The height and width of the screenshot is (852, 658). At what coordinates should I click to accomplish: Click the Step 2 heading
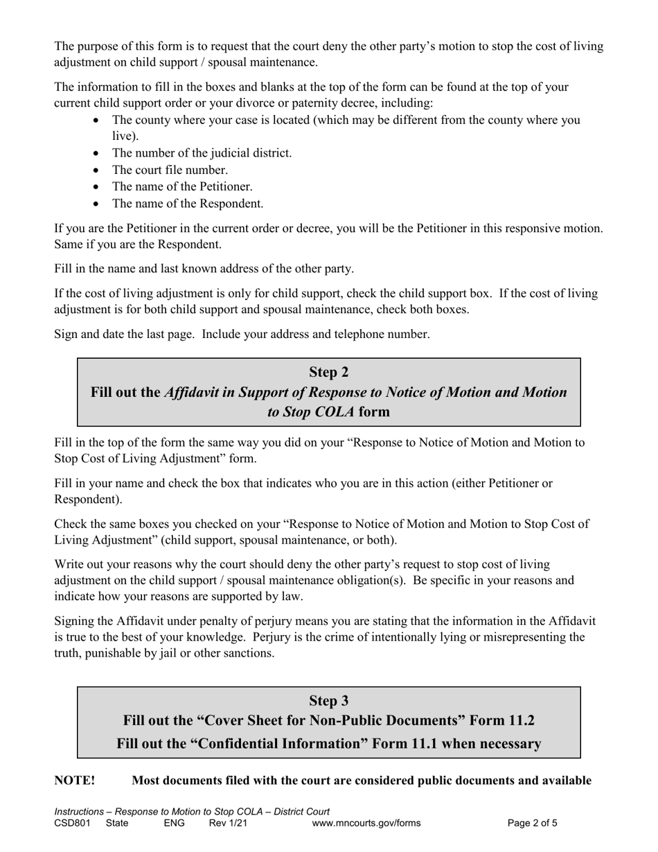coord(328,373)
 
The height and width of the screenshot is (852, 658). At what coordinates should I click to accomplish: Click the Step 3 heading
coord(328,701)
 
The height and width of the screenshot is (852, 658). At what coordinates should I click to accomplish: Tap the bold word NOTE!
coord(75,781)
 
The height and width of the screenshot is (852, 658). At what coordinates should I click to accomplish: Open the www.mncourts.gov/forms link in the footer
coord(366,824)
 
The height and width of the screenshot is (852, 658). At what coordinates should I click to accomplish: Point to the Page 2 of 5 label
coord(532,824)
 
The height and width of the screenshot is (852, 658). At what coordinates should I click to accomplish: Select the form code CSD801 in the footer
coord(72,824)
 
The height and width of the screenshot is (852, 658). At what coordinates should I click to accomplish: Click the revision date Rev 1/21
coord(228,824)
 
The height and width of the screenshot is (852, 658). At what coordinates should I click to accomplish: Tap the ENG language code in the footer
coord(175,824)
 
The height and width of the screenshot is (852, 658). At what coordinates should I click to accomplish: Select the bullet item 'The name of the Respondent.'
coord(188,204)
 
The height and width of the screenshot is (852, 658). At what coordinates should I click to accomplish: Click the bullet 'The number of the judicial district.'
coord(202,153)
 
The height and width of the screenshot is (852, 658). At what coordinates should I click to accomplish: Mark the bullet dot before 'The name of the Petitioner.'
coord(96,187)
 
